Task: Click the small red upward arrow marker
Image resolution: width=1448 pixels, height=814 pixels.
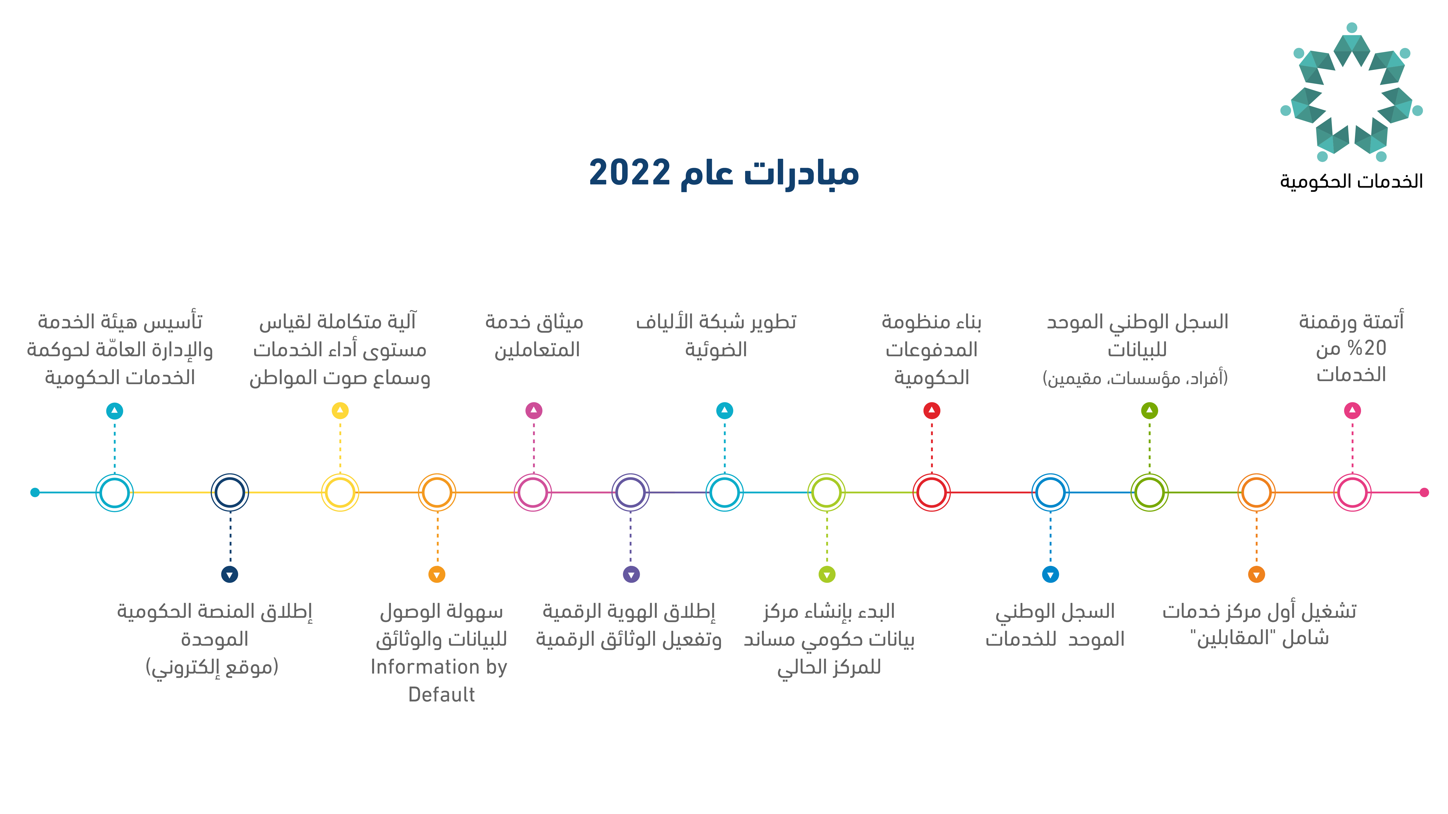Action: point(931,411)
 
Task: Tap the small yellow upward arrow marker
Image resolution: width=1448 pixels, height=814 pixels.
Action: point(340,411)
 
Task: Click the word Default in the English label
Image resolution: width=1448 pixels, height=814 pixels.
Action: point(441,695)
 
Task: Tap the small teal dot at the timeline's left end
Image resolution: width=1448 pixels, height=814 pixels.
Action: point(35,493)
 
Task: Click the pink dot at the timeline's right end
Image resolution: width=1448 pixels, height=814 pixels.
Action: point(1424,493)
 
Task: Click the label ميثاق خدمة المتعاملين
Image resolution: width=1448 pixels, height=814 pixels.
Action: point(534,335)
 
